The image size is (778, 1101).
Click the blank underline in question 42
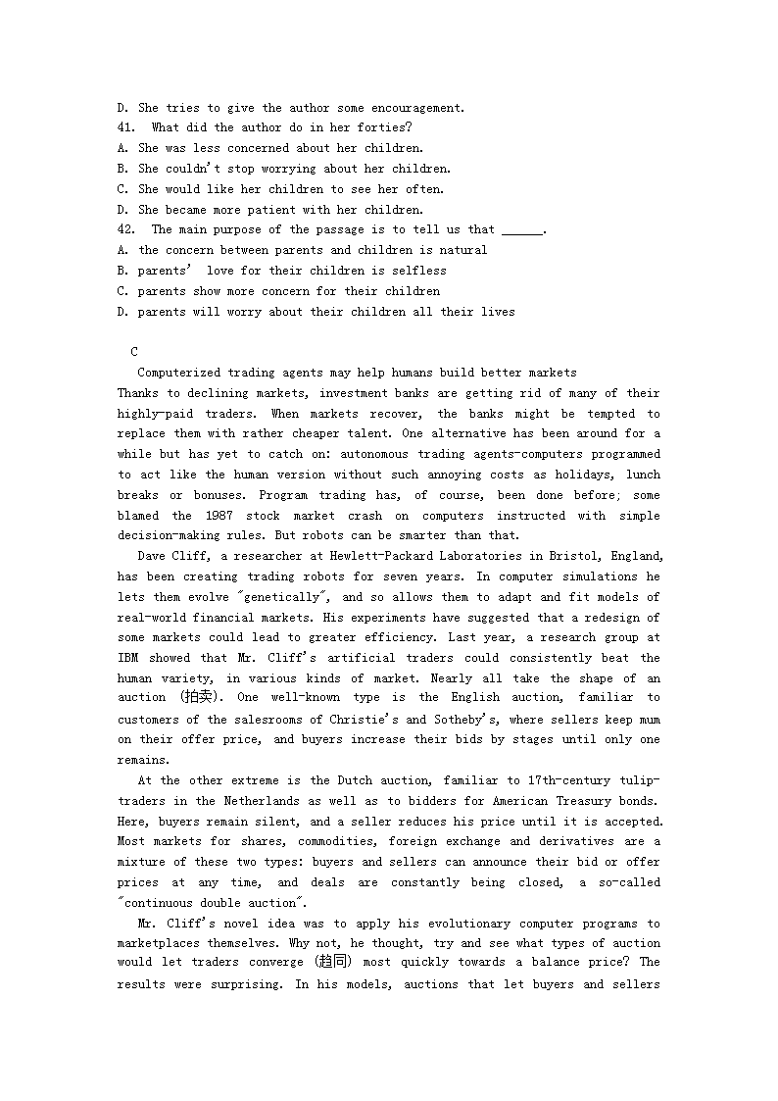click(x=521, y=232)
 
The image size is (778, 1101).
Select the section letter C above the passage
click(x=134, y=352)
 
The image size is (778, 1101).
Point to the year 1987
click(x=226, y=516)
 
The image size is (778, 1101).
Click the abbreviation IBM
click(x=128, y=658)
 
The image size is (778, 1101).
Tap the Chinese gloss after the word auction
click(x=202, y=698)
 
